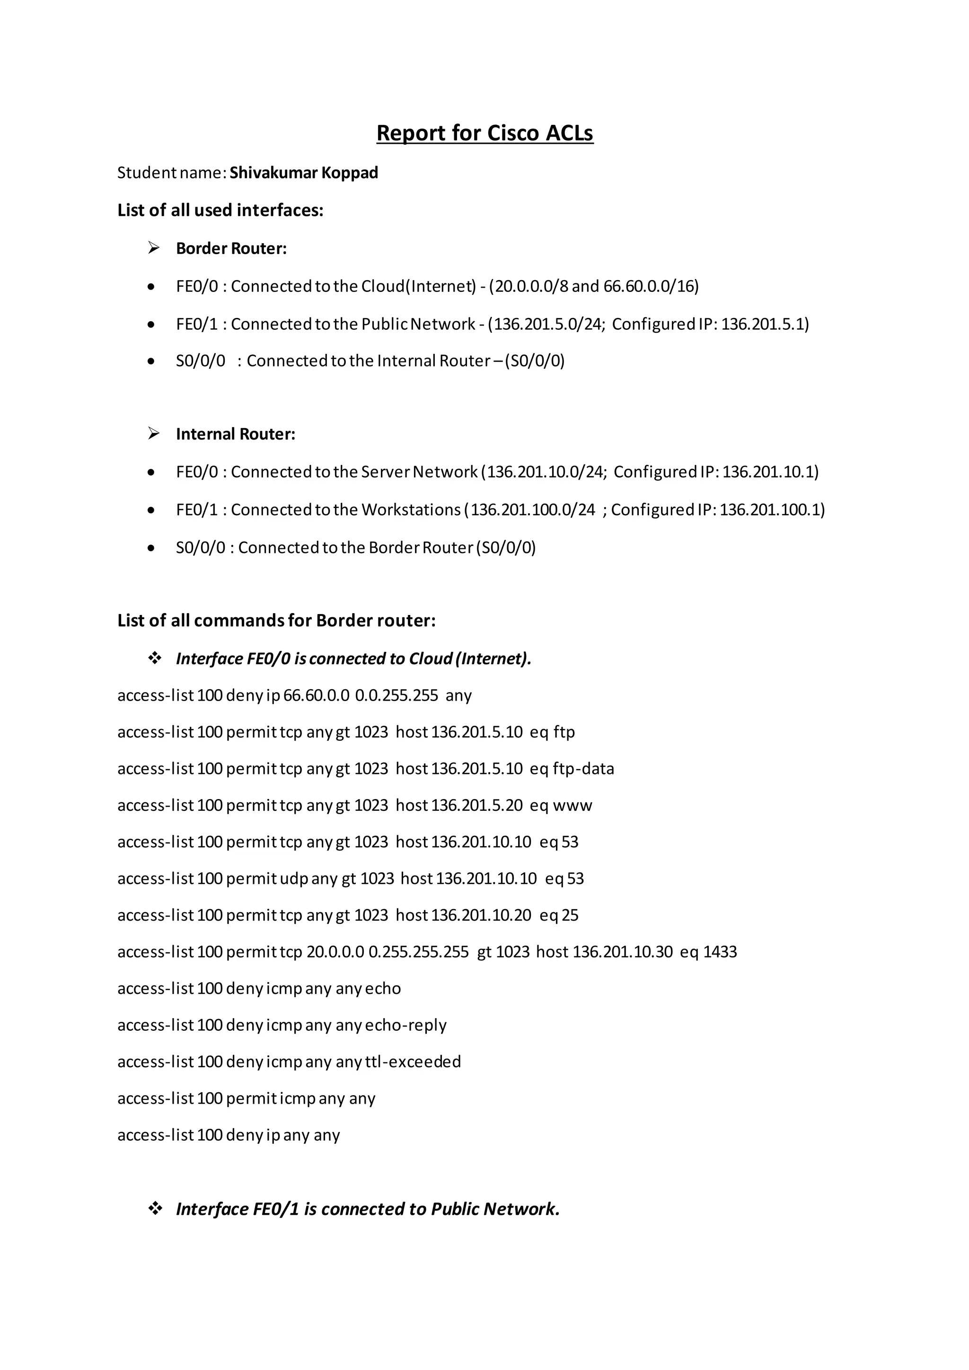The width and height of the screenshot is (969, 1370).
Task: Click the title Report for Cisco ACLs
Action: pyautogui.click(x=484, y=133)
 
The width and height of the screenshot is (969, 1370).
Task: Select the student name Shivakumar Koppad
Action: pyautogui.click(x=304, y=173)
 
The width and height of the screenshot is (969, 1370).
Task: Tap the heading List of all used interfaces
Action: pyautogui.click(x=220, y=211)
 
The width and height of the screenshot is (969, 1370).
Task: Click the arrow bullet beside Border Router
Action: pyautogui.click(x=154, y=248)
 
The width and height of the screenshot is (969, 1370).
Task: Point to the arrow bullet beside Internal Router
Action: pyautogui.click(x=154, y=434)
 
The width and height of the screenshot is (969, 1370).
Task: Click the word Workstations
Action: pyautogui.click(x=411, y=509)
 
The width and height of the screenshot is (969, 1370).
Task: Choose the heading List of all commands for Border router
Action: pyautogui.click(x=276, y=621)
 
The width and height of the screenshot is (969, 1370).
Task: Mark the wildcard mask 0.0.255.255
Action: pyautogui.click(x=396, y=696)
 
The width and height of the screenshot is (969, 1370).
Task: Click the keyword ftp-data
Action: pyautogui.click(x=583, y=769)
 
